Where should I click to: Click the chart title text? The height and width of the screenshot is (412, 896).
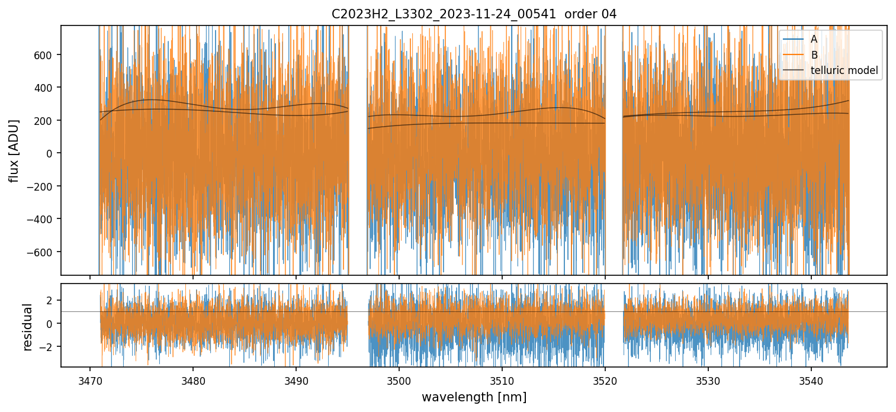(474, 14)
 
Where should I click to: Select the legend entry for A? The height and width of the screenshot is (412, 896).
(814, 39)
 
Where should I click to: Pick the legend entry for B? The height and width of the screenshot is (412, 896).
(814, 55)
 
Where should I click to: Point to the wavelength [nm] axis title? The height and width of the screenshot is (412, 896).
(474, 397)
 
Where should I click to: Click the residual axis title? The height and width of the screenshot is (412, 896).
(27, 326)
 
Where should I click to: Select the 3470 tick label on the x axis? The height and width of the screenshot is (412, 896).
(90, 380)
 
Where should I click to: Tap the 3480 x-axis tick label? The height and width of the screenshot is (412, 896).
(193, 380)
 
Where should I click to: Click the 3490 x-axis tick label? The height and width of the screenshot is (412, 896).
(296, 380)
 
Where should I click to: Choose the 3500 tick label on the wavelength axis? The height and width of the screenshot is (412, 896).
(399, 380)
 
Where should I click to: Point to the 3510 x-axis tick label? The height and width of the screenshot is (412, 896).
(502, 380)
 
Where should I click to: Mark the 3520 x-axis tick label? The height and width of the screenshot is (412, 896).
(605, 380)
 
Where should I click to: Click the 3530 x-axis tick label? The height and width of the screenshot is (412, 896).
(708, 380)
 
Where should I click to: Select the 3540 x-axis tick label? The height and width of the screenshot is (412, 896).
(811, 380)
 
